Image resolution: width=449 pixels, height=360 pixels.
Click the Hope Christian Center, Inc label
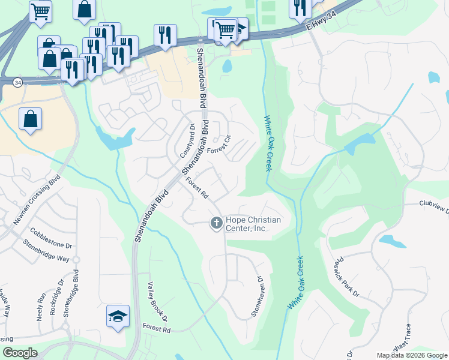[x=253, y=224]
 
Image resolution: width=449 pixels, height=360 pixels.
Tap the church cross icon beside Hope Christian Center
[x=216, y=224]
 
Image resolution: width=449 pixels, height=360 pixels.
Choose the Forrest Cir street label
[x=219, y=146]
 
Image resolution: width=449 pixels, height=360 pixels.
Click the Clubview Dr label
[x=434, y=208]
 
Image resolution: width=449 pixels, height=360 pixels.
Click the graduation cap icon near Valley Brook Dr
[x=118, y=316]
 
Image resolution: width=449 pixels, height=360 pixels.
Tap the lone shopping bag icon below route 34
[x=30, y=119]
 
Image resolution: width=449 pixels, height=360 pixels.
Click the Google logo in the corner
[x=20, y=353]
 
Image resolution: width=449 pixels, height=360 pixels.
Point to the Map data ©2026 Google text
[x=411, y=355]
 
